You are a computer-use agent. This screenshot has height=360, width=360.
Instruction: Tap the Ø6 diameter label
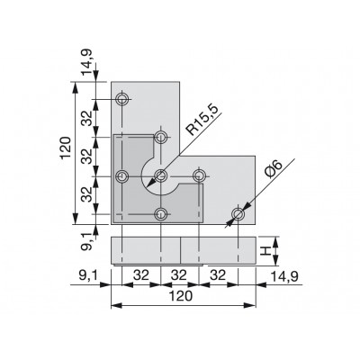273,170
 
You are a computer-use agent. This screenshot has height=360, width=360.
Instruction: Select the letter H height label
265,251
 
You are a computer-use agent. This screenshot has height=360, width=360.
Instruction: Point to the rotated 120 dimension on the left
65,148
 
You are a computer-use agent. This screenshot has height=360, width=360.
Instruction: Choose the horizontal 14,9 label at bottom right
284,276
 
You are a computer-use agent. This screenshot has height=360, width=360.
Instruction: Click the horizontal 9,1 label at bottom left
88,276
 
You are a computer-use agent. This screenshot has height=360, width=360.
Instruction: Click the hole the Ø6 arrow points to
238,214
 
